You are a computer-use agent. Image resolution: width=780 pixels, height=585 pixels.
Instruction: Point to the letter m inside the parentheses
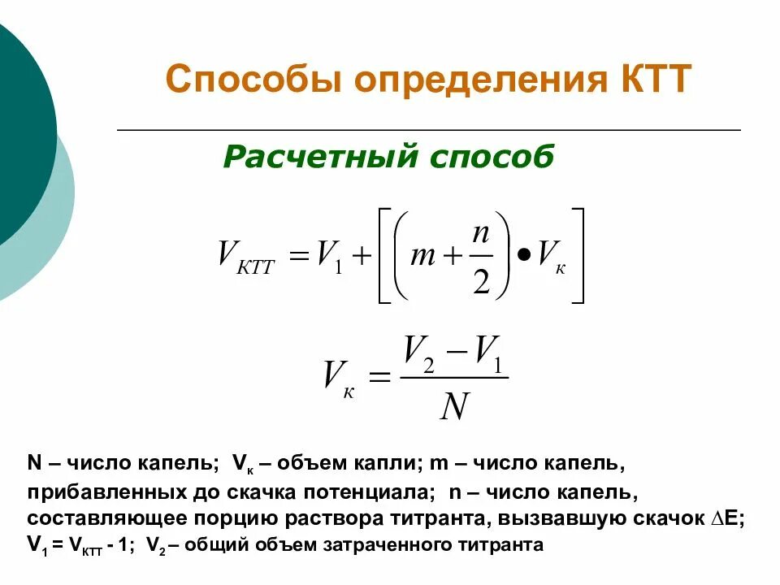tap(423, 256)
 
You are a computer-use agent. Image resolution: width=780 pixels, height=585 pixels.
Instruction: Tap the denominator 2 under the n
tap(481, 281)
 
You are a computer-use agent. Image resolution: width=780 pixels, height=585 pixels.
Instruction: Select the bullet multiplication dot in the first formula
tap(523, 256)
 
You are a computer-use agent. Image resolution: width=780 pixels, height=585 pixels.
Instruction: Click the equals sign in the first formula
tap(299, 257)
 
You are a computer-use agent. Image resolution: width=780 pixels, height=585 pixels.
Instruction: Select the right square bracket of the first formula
tap(578, 256)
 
